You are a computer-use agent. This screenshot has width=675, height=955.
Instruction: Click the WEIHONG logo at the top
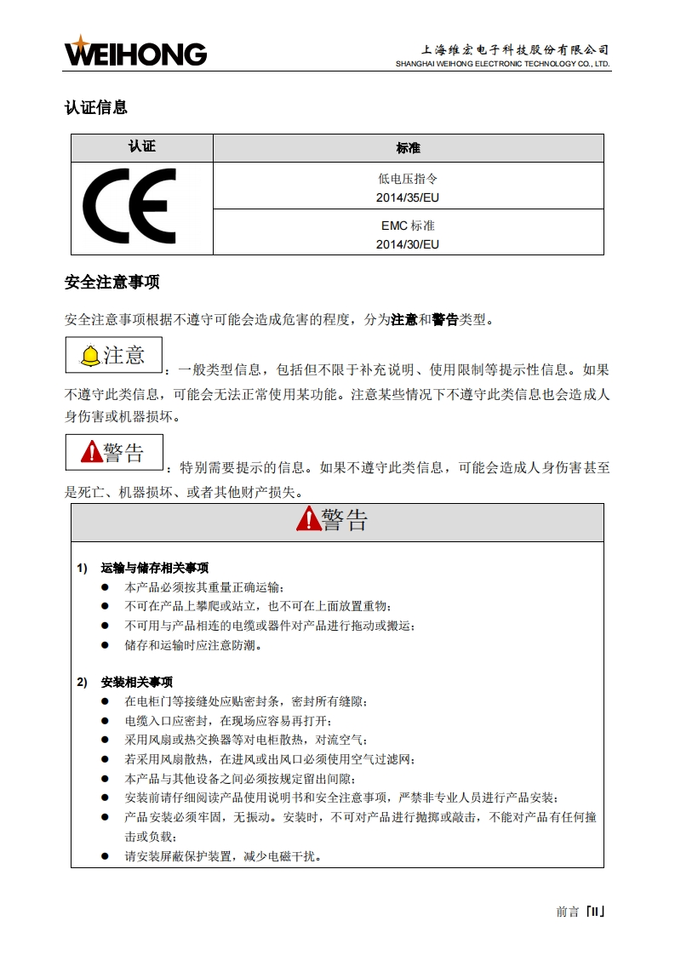[135, 52]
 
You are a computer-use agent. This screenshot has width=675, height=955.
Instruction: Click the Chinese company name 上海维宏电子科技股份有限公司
[516, 49]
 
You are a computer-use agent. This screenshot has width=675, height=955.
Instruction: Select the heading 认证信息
[96, 107]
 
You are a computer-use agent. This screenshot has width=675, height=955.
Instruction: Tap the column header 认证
[142, 147]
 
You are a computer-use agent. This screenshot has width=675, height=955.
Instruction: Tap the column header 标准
[408, 148]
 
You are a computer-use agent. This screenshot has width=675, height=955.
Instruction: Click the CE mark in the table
[130, 207]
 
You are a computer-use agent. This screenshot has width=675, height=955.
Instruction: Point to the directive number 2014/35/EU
[408, 197]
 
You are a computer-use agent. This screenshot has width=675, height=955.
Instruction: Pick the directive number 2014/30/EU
[408, 244]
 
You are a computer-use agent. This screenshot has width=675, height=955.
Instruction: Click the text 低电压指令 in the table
[408, 180]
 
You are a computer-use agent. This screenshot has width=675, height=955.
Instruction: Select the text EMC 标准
[408, 226]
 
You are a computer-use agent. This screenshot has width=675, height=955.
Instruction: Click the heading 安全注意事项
[112, 282]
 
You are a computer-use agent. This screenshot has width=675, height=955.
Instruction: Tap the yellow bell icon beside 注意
[89, 357]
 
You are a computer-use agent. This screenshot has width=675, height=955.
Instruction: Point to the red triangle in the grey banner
[308, 518]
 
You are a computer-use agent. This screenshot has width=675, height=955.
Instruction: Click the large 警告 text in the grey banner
[345, 519]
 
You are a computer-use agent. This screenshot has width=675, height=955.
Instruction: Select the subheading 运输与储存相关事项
[155, 568]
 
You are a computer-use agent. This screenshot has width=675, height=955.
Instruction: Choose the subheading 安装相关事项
[137, 682]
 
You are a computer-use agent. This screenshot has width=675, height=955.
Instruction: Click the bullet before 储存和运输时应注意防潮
[106, 645]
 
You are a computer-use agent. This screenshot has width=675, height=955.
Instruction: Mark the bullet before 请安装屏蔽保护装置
[106, 856]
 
